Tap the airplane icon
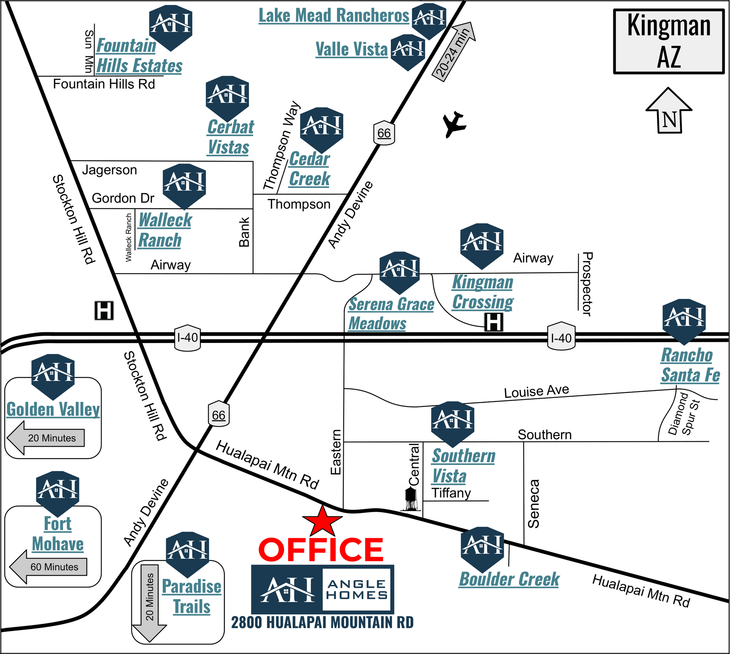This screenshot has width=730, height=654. click(x=454, y=124)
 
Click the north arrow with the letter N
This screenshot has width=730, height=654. click(x=669, y=111)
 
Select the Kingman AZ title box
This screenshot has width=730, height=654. click(x=669, y=41)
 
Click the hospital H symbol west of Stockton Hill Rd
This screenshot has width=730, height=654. click(x=104, y=311)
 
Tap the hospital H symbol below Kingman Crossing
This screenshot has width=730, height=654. click(x=494, y=322)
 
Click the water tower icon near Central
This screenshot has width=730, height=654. click(x=411, y=499)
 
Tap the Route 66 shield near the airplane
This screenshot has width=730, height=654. click(x=384, y=133)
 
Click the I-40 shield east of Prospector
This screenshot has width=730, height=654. click(x=561, y=337)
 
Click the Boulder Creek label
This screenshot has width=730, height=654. click(x=509, y=579)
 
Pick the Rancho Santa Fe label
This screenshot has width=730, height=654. click(x=690, y=365)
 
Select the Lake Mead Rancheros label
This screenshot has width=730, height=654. click(x=334, y=16)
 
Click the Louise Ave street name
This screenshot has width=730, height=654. click(x=536, y=391)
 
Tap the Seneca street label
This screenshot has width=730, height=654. click(x=533, y=503)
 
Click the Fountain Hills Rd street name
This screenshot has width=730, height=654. click(x=104, y=84)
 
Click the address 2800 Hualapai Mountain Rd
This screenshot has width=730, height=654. click(x=322, y=622)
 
